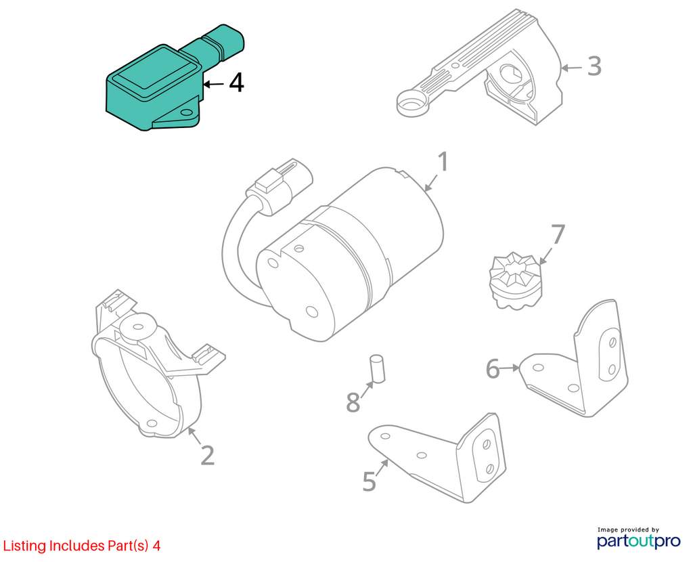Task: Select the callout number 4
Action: (x=236, y=83)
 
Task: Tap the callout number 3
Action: (x=594, y=66)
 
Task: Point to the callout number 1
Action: (x=442, y=163)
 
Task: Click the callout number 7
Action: (x=557, y=234)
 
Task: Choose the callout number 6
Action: (x=493, y=369)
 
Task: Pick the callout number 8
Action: (x=353, y=402)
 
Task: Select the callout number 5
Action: (x=369, y=481)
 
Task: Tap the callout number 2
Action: (x=207, y=455)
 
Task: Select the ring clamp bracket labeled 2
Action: (x=149, y=379)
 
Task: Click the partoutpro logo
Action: (x=629, y=540)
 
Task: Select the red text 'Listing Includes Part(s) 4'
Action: (x=81, y=546)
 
